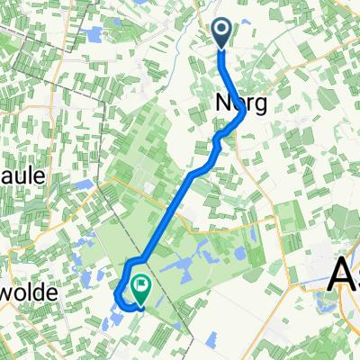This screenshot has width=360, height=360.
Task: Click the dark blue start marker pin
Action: [x=222, y=33]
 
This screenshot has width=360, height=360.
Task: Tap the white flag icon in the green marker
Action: [x=141, y=286]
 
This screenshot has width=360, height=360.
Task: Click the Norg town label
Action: [x=241, y=103]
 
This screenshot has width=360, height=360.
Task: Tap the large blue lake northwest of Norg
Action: [x=91, y=35]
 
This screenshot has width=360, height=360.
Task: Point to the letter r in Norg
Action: [x=249, y=104]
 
